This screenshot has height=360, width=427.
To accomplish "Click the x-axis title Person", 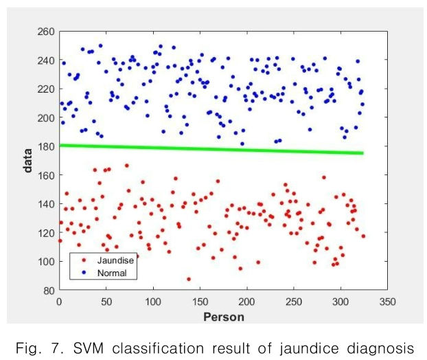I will pyautogui.click(x=223, y=317).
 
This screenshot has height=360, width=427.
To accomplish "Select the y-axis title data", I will pyautogui.click(x=29, y=160).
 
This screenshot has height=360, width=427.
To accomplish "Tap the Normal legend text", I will pyautogui.click(x=113, y=273).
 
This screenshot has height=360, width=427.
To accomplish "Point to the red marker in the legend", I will pyautogui.click(x=84, y=261).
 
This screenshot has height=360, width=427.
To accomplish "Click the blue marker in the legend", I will pyautogui.click(x=84, y=273).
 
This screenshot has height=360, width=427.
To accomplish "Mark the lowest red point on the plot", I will pyautogui.click(x=188, y=279).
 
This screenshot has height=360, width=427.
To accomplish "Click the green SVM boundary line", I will pyautogui.click(x=206, y=149).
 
